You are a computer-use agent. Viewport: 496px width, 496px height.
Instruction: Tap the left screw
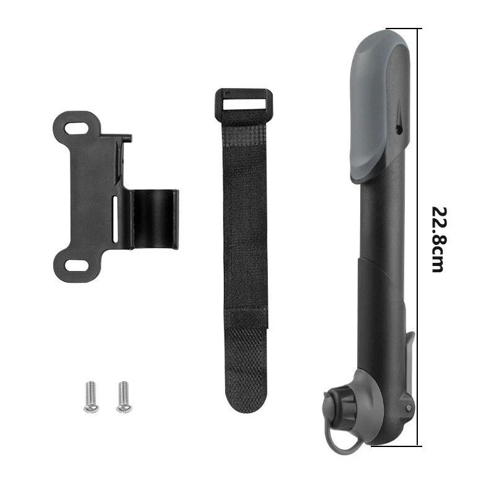[x=91, y=397]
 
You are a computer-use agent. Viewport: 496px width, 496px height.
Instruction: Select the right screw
[x=123, y=397]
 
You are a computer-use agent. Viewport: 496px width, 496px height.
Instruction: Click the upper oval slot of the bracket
[x=77, y=128]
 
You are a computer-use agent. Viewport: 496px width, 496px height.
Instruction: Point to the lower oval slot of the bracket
[x=76, y=266]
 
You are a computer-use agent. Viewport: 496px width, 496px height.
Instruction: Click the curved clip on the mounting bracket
[x=154, y=219]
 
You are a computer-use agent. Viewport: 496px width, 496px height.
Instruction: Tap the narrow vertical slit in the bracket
[x=115, y=219]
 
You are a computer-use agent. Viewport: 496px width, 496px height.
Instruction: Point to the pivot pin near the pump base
[x=408, y=407]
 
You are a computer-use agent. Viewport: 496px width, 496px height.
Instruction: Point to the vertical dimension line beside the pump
[x=419, y=155]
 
